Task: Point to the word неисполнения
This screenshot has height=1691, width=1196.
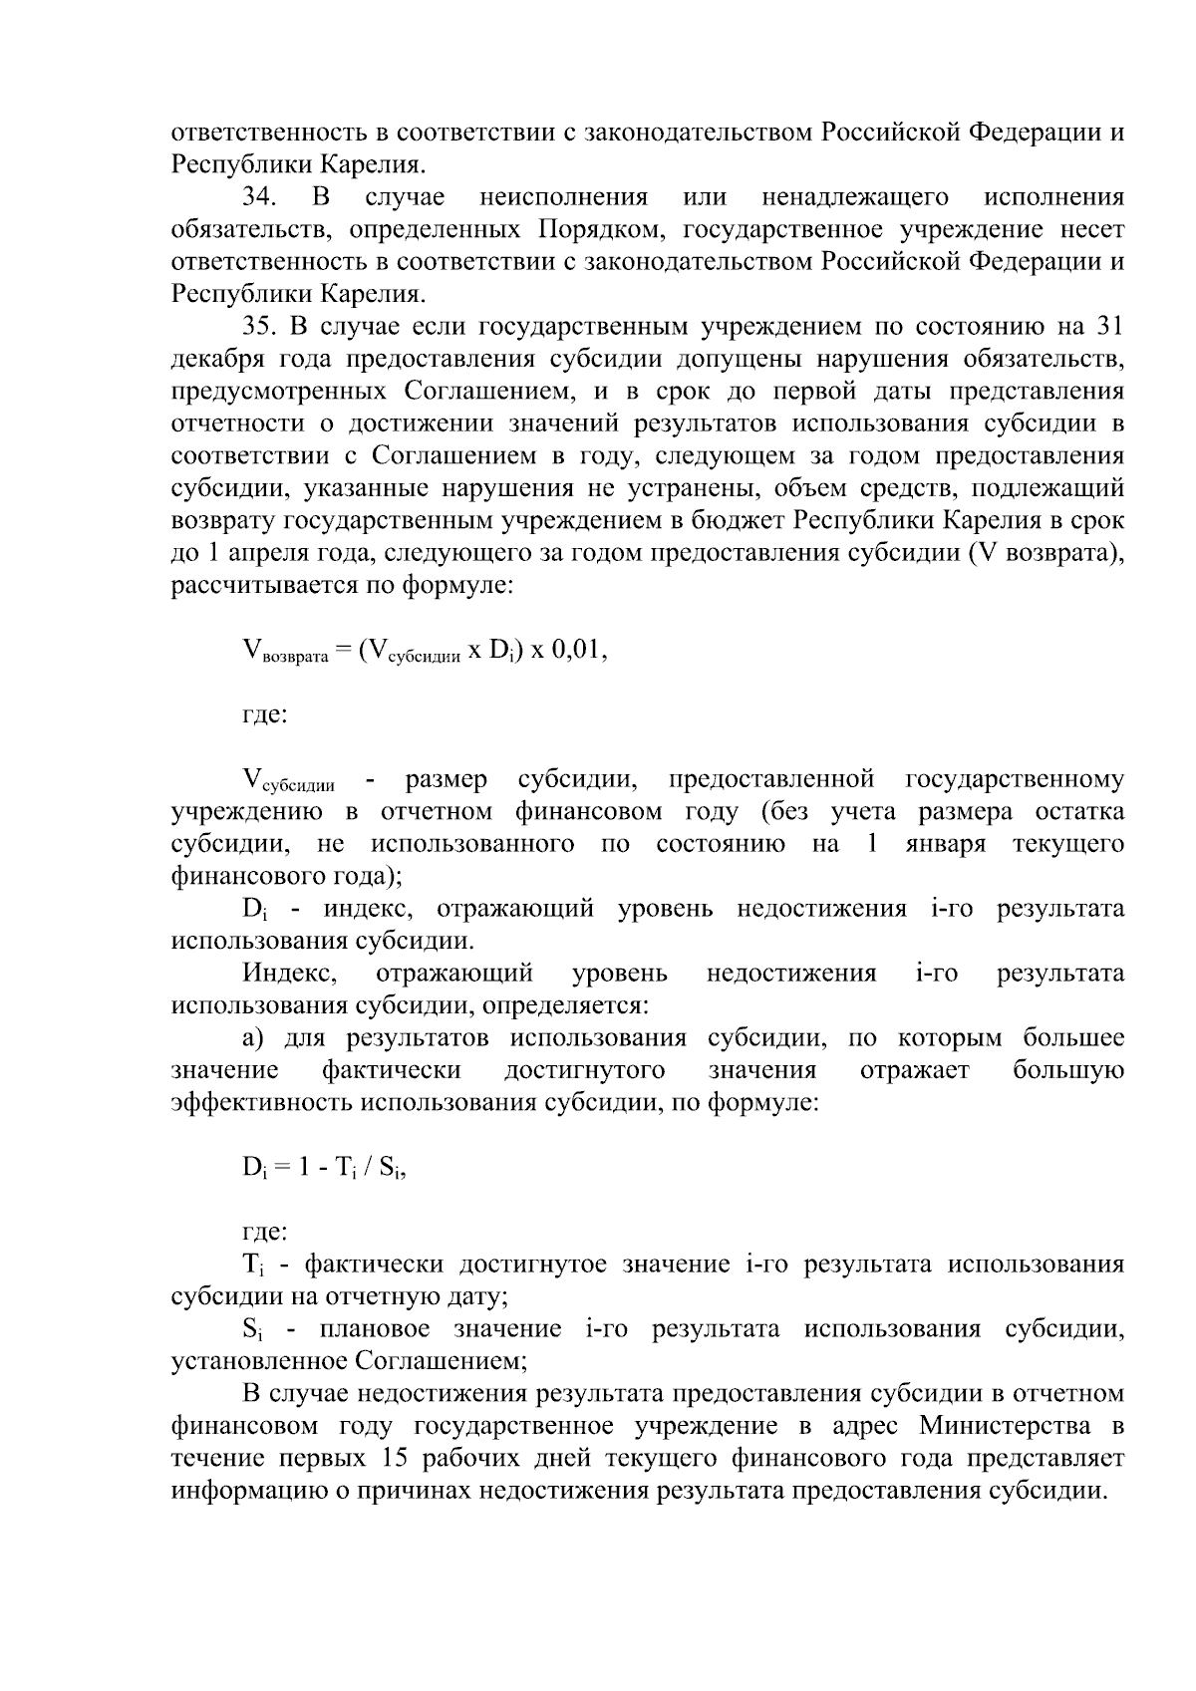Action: tap(563, 197)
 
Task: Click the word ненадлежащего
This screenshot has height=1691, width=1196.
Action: tap(854, 197)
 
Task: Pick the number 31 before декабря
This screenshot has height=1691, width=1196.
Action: tap(1109, 327)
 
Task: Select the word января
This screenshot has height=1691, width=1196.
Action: tap(946, 845)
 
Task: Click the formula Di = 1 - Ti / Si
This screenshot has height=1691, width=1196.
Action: tap(325, 1169)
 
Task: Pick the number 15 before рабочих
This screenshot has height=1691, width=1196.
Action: tap(396, 1459)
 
